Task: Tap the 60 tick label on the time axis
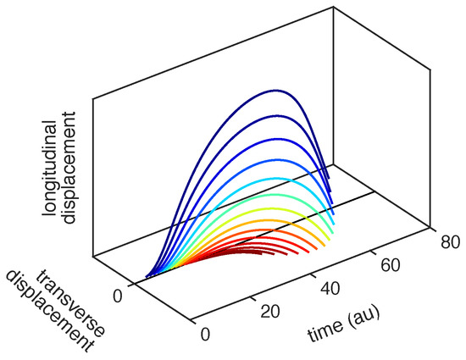click(389, 265)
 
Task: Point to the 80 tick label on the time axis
click(451, 241)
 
